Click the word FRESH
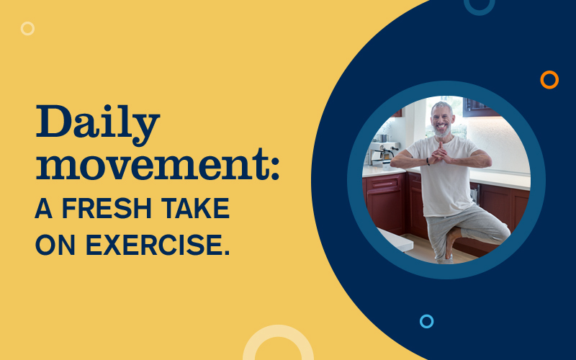107,208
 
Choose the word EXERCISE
158,245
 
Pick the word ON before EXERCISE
55,245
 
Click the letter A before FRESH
44,208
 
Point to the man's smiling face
442,120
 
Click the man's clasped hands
440,153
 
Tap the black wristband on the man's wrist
428,161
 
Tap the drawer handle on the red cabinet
382,183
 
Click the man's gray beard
442,131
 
